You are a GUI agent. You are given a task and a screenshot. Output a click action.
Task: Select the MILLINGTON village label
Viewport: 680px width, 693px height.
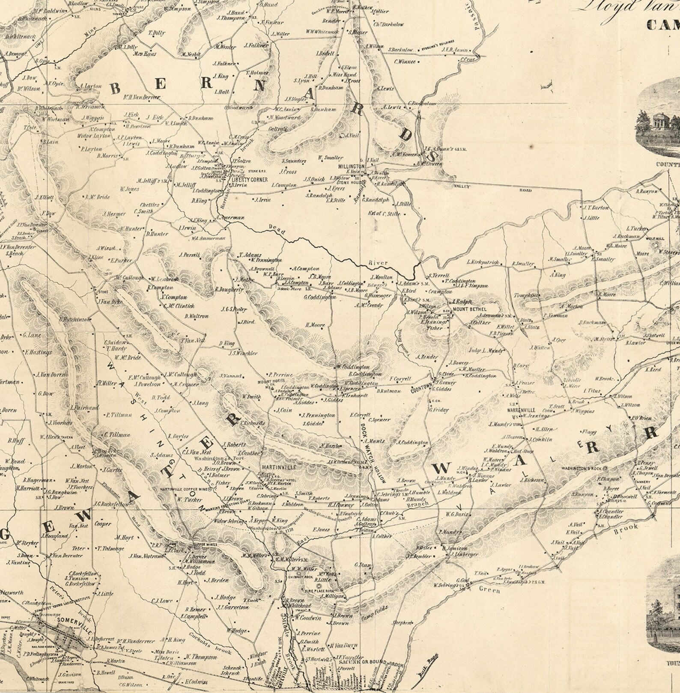point(351,166)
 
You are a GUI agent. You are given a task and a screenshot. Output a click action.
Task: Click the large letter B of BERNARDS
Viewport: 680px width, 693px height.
point(115,89)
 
